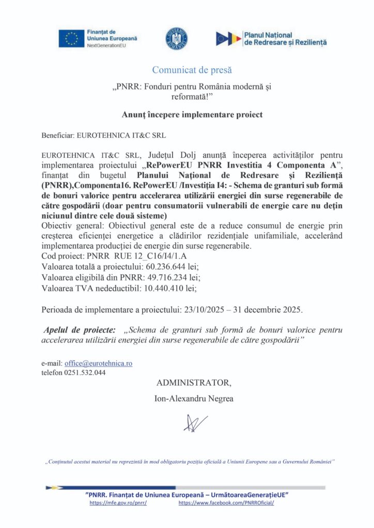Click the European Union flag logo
point(71,39)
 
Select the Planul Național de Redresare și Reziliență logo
point(271,38)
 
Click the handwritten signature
point(195,423)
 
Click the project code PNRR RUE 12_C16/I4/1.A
point(114,255)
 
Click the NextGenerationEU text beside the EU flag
point(106,46)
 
